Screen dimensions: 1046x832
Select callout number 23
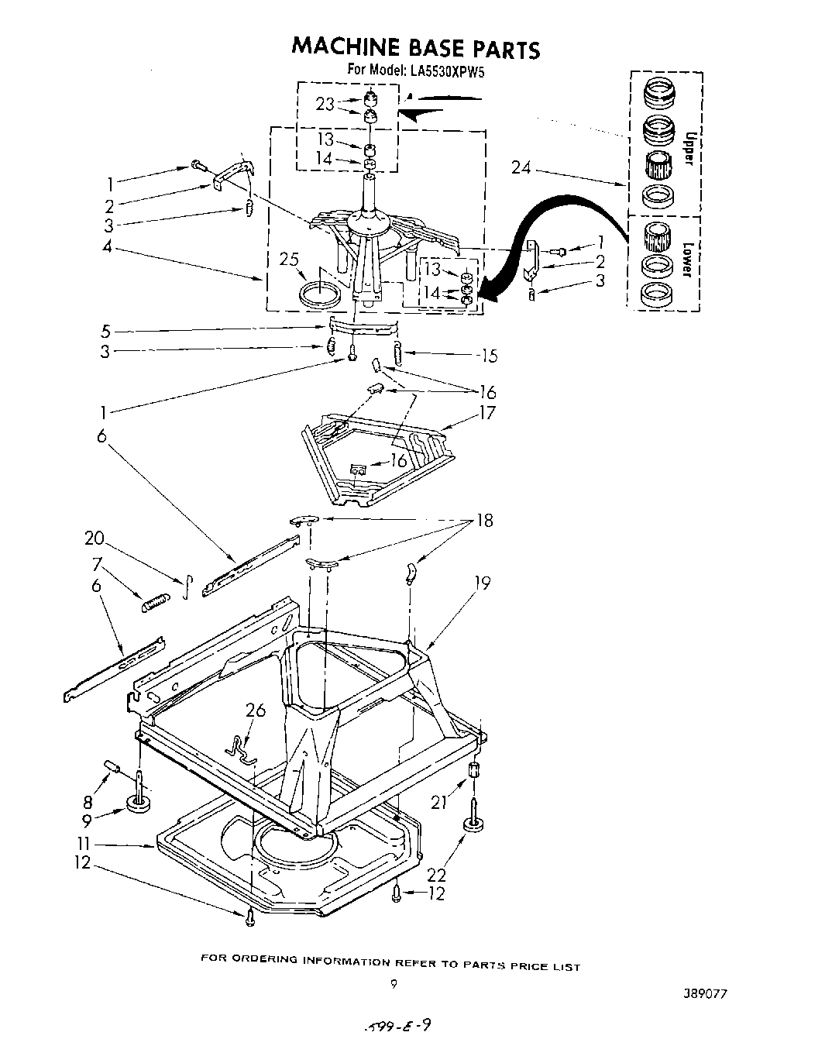pos(325,105)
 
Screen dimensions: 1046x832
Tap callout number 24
pos(521,167)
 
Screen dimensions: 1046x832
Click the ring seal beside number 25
pos(319,295)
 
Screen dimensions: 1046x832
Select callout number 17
pos(486,413)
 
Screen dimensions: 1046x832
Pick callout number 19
pos(483,583)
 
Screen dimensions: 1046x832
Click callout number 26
pos(255,711)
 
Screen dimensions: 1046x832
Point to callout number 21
pos(439,803)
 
